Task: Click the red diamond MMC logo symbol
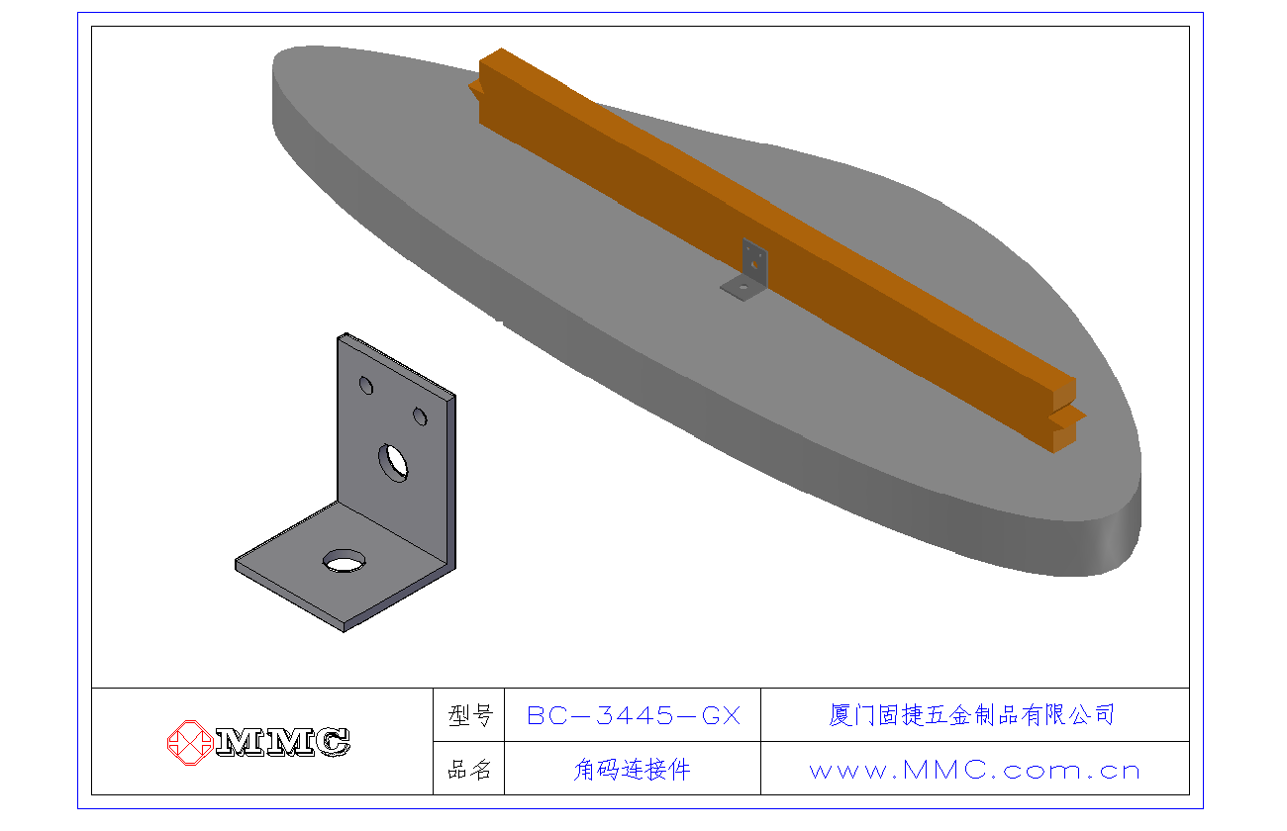190,743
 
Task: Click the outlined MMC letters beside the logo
283,742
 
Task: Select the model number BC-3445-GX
634,715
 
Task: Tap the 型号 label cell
470,715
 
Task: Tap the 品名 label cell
469,770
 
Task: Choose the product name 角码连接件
632,770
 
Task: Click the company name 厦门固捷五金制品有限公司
971,715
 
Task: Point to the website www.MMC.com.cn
974,770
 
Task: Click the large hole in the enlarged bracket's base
344,561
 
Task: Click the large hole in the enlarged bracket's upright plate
393,462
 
